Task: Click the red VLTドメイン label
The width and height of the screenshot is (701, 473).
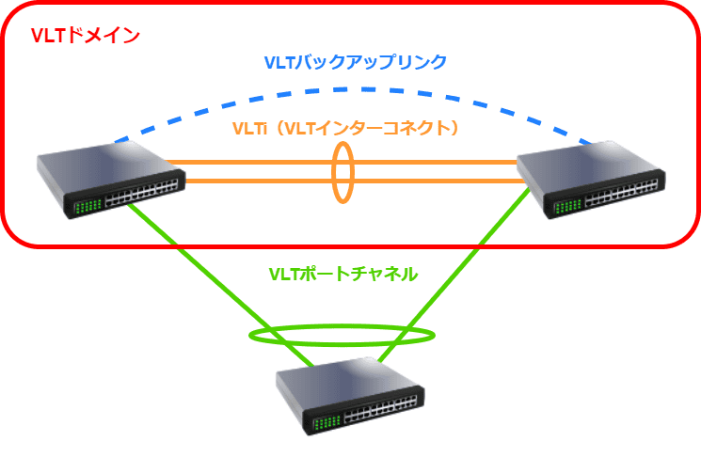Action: (x=86, y=36)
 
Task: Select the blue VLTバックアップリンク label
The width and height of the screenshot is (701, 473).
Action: (x=355, y=63)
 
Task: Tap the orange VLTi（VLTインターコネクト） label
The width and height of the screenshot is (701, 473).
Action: (x=348, y=129)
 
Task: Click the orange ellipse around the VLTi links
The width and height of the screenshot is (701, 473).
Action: (x=343, y=171)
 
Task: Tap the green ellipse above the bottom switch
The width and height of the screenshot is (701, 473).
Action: (x=343, y=336)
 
